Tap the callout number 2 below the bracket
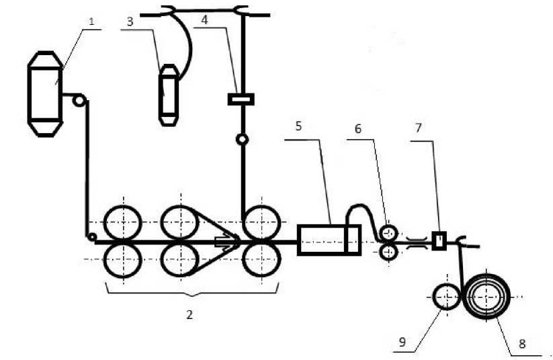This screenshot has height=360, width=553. click(190, 314)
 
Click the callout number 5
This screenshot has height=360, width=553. click(298, 125)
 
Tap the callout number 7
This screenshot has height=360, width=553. click(419, 128)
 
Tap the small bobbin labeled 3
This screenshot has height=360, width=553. click(167, 95)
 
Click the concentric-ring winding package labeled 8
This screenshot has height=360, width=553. click(488, 295)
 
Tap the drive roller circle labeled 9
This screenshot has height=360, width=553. click(445, 296)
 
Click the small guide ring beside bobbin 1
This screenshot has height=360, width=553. click(79, 101)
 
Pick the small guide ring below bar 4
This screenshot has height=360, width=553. click(241, 140)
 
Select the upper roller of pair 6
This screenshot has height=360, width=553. click(388, 233)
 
